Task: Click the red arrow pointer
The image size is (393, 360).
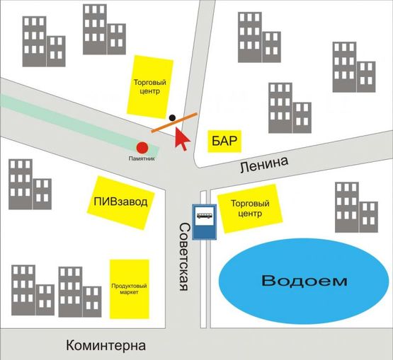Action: (182, 138)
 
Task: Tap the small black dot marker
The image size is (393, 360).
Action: (172, 117)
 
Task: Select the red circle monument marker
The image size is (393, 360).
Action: (142, 148)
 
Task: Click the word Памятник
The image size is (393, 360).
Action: (142, 158)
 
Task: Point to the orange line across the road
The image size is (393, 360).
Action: (174, 122)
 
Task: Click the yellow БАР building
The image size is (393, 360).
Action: (224, 141)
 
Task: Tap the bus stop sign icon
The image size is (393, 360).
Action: (204, 215)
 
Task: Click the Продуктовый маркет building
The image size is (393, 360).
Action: (129, 289)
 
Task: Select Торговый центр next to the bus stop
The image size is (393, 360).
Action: (247, 209)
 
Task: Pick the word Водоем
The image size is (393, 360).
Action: (304, 281)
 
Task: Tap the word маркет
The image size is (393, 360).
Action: (129, 293)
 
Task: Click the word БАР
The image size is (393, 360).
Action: (224, 141)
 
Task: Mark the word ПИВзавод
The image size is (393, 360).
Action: (120, 202)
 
